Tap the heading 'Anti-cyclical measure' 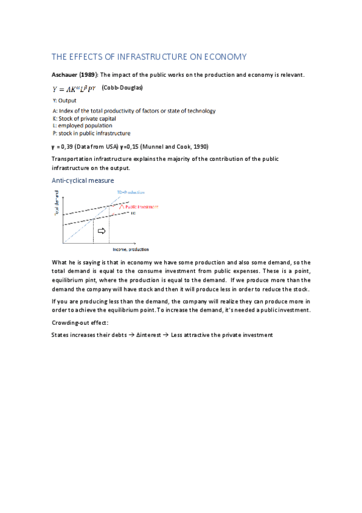coord(82,180)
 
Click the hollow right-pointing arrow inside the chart coord(101,231)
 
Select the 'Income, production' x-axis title coord(130,249)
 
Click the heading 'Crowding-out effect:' coord(82,324)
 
